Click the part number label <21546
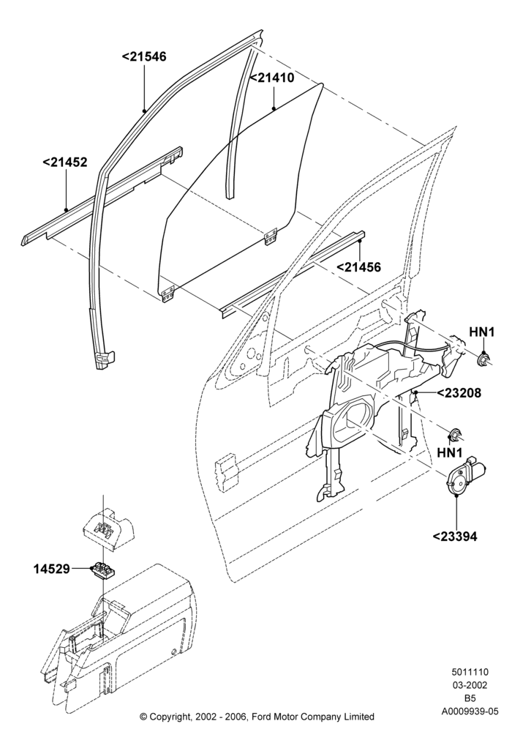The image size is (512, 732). pyautogui.click(x=144, y=57)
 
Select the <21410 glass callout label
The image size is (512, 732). pyautogui.click(x=272, y=78)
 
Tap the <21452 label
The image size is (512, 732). pyautogui.click(x=65, y=163)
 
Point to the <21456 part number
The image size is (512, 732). pyautogui.click(x=358, y=267)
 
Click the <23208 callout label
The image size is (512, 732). pyautogui.click(x=459, y=393)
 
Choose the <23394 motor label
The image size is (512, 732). pyautogui.click(x=455, y=537)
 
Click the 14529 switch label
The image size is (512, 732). pyautogui.click(x=51, y=569)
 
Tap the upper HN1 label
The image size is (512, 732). pyautogui.click(x=482, y=332)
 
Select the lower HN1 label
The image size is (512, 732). pyautogui.click(x=450, y=453)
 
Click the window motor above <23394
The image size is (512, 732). pyautogui.click(x=463, y=477)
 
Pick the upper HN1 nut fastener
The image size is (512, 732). pyautogui.click(x=484, y=359)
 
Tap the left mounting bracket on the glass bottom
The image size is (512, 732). pyautogui.click(x=168, y=294)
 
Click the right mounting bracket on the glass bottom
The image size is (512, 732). pyautogui.click(x=271, y=236)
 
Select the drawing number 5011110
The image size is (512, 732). pyautogui.click(x=470, y=673)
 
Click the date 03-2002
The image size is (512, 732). pyautogui.click(x=470, y=685)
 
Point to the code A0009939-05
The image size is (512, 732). pyautogui.click(x=470, y=712)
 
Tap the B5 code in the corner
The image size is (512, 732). pyautogui.click(x=470, y=699)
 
